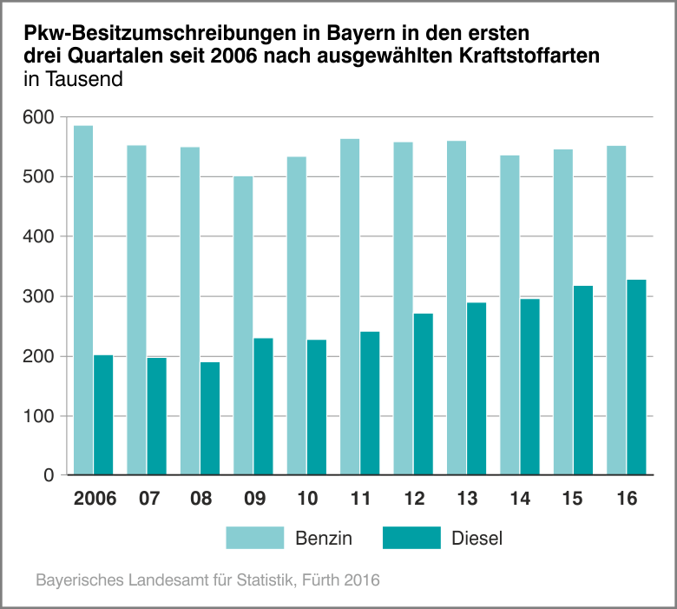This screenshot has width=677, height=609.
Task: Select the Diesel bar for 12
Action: coord(424,394)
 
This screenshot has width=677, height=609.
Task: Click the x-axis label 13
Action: coord(466,500)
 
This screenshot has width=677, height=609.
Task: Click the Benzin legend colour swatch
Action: coord(255,538)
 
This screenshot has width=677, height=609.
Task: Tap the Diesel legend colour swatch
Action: coord(411,538)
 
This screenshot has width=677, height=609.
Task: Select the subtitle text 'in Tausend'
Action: coord(74,79)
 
